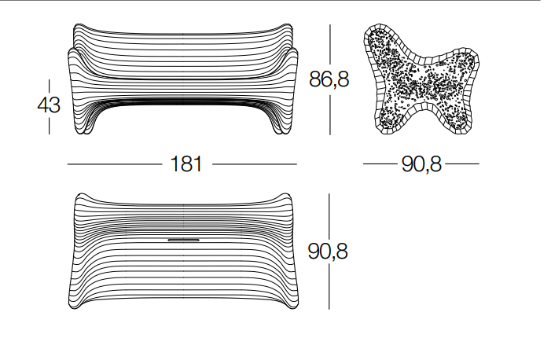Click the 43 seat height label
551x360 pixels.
pyautogui.click(x=49, y=105)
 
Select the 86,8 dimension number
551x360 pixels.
pyautogui.click(x=329, y=79)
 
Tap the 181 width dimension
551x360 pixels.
pyautogui.click(x=186, y=163)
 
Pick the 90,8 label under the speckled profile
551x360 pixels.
pyautogui.click(x=421, y=163)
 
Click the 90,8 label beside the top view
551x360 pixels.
pyautogui.click(x=328, y=252)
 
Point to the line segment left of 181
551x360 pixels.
pyautogui.click(x=115, y=163)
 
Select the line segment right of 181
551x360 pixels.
pyautogui.click(x=255, y=163)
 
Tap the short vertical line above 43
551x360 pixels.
pyautogui.click(x=49, y=86)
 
